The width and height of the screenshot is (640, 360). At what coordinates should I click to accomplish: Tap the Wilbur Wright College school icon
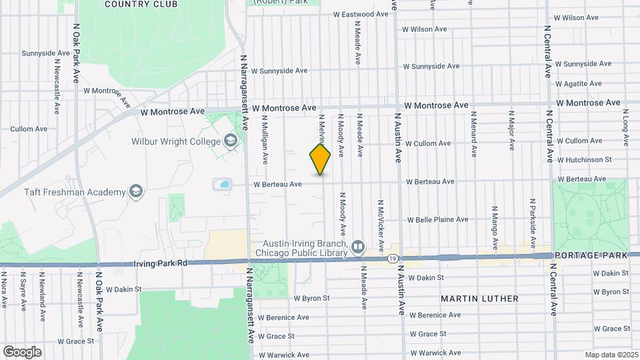pos(231,141)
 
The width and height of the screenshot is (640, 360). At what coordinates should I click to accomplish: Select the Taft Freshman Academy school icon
pos(137,193)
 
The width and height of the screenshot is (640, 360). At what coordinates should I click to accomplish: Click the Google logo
pos(22,351)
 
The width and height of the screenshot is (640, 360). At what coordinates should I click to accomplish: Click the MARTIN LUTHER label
pos(479,299)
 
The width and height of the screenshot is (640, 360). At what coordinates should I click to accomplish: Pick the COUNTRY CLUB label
pos(141,4)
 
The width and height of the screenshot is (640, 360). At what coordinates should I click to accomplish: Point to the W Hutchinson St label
pos(584,160)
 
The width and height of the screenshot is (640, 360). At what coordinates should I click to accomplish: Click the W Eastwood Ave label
pos(360,14)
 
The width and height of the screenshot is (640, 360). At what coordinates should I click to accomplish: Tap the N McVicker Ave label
pos(380,219)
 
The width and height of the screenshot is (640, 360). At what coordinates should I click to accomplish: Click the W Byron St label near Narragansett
pos(311,299)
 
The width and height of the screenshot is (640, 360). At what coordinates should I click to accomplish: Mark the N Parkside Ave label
pos(533,215)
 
